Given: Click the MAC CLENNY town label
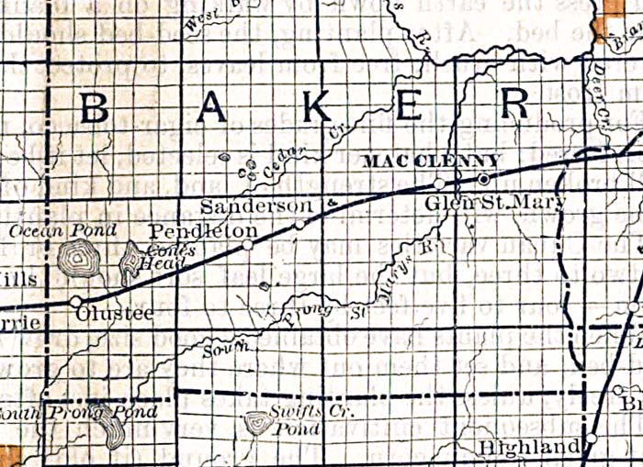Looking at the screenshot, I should tap(431, 161).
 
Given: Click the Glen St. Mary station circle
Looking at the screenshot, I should tap(439, 184).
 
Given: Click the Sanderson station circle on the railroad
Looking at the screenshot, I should tap(299, 224).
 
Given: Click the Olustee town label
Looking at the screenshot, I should tap(116, 315).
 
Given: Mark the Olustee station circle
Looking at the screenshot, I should tap(76, 301).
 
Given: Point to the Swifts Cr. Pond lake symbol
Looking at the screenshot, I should tap(257, 423).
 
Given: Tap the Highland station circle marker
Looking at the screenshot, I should tap(592, 439).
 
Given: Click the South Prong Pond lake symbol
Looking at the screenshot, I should tap(113, 429).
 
